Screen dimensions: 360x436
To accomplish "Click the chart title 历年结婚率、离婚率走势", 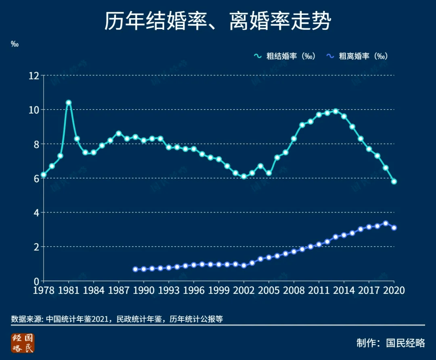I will tap(218, 21).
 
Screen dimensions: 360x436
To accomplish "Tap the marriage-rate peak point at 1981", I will tap(69, 103).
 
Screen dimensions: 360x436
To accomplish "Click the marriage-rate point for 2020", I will tap(394, 181).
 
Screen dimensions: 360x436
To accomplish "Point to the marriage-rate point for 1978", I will tap(44, 175).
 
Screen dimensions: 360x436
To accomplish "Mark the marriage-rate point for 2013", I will tap(335, 111).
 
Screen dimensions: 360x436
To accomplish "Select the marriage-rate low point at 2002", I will tap(244, 176).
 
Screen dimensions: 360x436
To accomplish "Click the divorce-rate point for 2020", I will tap(394, 228).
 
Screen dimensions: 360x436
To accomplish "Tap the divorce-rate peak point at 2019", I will tap(386, 223).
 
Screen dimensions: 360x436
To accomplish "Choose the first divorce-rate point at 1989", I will tap(135, 269).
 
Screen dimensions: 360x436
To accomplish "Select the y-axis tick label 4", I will tap(36, 212).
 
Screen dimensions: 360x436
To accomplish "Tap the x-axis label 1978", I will tap(44, 290).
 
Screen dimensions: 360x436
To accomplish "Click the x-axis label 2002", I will tap(244, 290).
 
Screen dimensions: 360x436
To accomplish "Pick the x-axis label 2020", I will tap(394, 290).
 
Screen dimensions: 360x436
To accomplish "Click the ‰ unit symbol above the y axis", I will tap(15, 44).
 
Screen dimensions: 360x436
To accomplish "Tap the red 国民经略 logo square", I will tap(23, 343).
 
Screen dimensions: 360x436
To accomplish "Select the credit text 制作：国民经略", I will tap(390, 343).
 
